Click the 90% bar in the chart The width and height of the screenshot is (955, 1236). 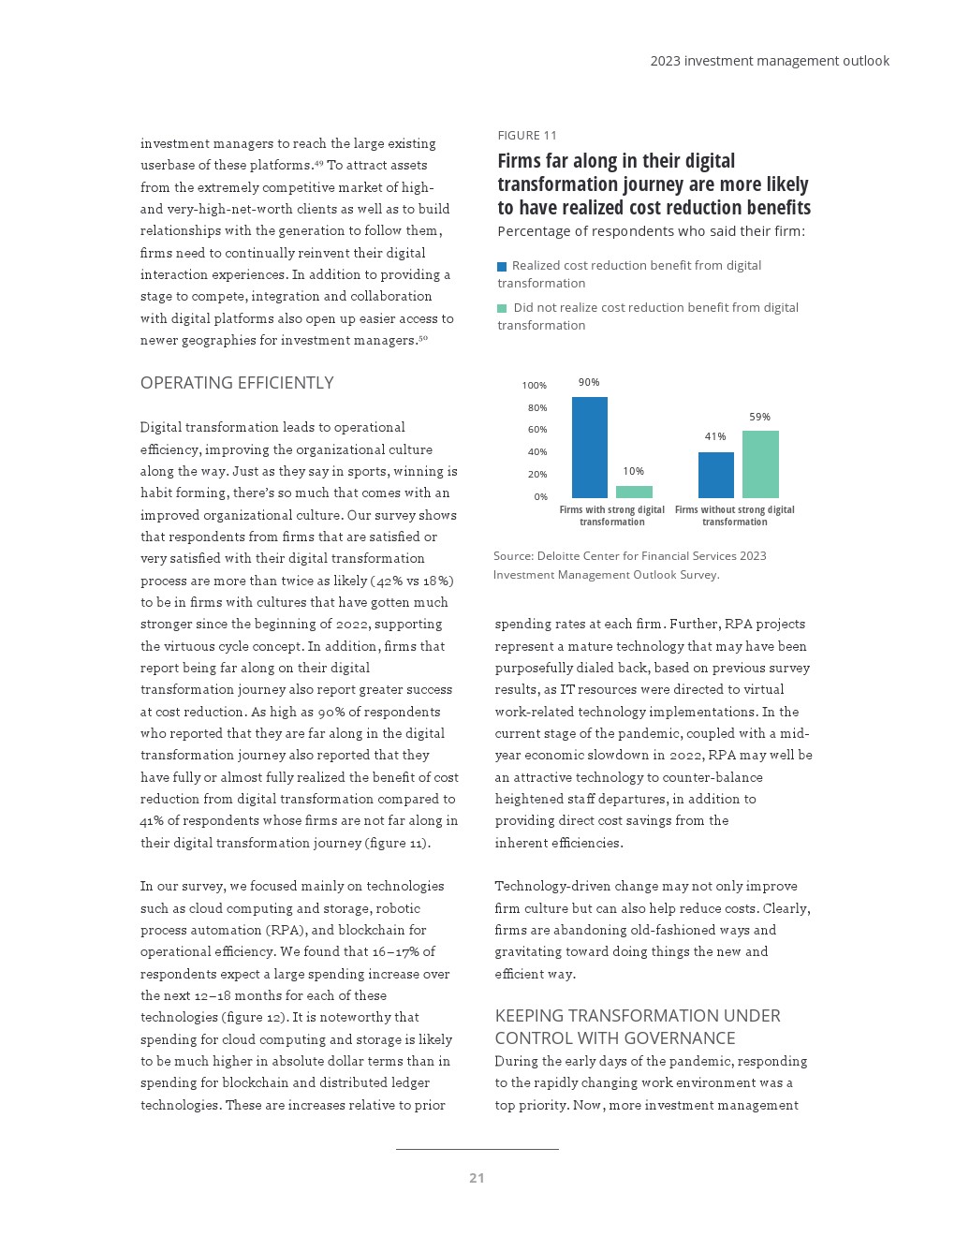point(589,448)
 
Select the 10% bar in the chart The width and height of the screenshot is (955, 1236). point(634,492)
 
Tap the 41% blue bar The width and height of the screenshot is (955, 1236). point(715,475)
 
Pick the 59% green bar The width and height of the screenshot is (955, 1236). point(760,464)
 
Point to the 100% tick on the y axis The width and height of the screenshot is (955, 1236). point(535,386)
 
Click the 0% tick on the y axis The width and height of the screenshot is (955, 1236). point(540,497)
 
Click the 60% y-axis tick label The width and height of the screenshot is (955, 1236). point(536,430)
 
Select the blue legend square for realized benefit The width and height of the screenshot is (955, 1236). point(502,267)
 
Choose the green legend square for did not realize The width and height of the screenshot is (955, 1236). point(502,309)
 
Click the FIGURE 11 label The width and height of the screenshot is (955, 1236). point(527,136)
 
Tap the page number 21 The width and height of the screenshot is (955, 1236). point(477,1178)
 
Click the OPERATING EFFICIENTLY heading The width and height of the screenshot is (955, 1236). point(237,383)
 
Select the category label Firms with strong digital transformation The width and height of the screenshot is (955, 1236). point(611,516)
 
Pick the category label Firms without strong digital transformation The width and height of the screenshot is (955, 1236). point(734,516)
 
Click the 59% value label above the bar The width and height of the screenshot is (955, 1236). point(759,417)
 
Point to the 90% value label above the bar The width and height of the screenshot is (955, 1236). point(589,382)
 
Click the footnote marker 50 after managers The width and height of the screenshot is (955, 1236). point(423,338)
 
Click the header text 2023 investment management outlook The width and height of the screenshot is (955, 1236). point(770,61)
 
